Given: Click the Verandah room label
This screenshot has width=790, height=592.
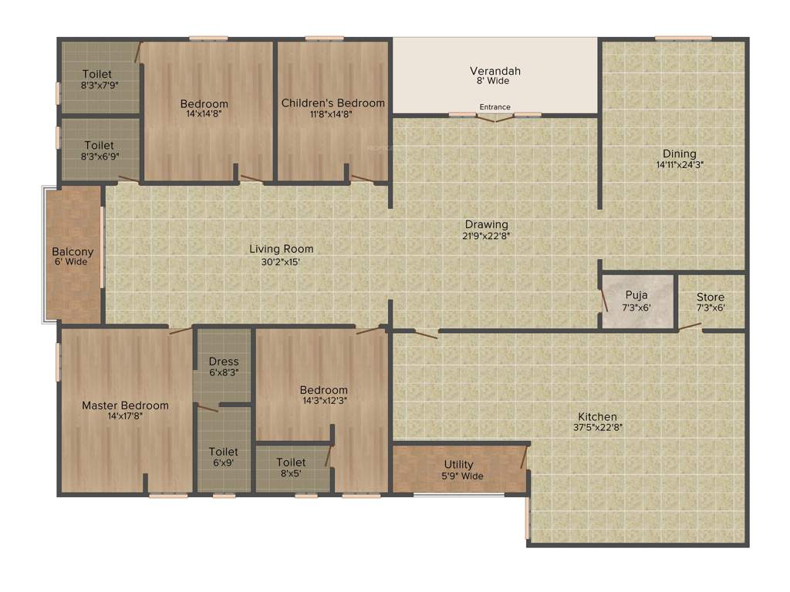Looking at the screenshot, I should pos(495,72).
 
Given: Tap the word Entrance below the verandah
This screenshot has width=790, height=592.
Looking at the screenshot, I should pos(495,107).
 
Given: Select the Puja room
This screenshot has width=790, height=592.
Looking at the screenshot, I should pos(636,301).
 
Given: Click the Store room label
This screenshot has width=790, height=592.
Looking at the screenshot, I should pos(711,298).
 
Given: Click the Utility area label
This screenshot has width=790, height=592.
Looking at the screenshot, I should pos(458,465).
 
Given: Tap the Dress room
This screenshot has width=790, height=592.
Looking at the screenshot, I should pos(224,366).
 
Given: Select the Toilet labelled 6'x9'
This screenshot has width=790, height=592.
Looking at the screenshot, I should pos(224,456).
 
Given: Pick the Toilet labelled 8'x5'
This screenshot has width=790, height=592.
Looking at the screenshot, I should pos(292,467).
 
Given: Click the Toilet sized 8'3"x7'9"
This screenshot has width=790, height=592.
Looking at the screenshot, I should pos(100,79).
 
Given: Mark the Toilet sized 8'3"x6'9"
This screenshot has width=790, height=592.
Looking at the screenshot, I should pos(100,150).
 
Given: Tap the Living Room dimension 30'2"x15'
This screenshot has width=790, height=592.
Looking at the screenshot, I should pos(281,261).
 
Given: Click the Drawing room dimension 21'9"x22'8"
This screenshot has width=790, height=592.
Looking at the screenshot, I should pos(486,236).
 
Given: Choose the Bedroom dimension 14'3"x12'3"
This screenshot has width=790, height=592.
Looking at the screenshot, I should pos(324,400).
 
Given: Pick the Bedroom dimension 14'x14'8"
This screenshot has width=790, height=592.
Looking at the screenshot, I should pos(204,114).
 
